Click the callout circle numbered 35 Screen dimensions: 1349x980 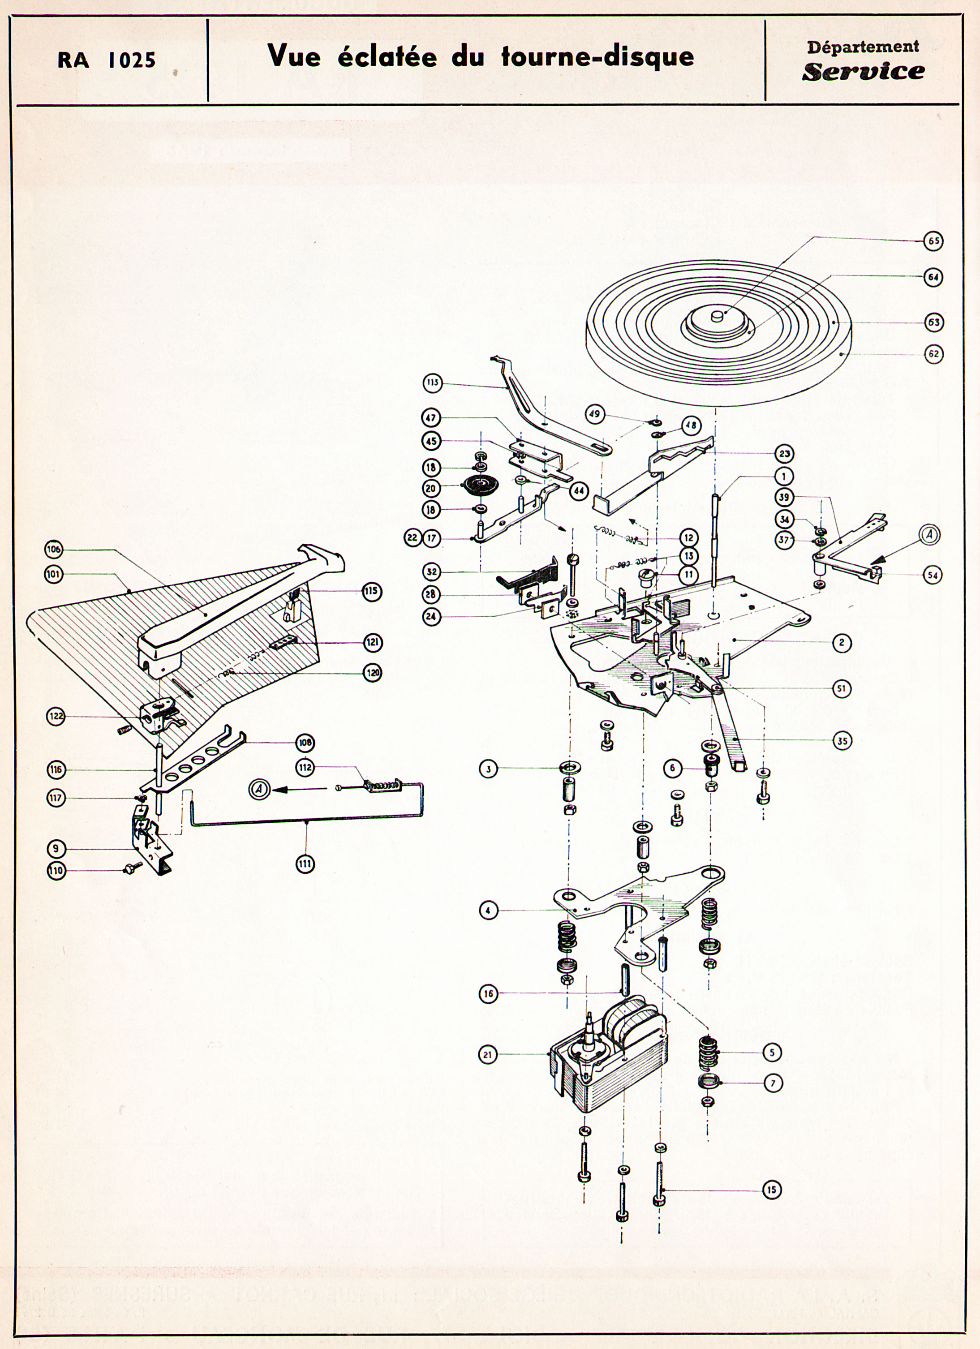(842, 740)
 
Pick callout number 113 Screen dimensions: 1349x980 (432, 382)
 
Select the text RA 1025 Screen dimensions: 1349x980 (107, 60)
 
